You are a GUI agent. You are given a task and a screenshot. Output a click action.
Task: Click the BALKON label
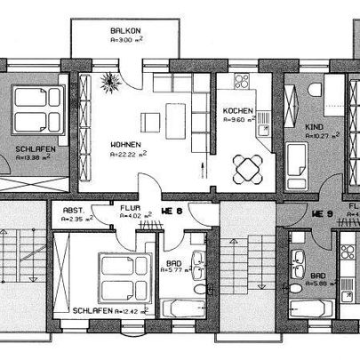126,30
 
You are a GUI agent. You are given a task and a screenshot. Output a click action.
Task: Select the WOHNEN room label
126,143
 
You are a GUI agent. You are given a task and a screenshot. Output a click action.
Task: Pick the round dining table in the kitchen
250,166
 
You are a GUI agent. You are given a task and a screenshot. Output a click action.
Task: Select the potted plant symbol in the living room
111,84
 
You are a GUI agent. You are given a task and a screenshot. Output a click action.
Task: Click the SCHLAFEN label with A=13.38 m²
35,148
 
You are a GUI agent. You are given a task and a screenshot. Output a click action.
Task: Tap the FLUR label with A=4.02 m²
130,210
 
